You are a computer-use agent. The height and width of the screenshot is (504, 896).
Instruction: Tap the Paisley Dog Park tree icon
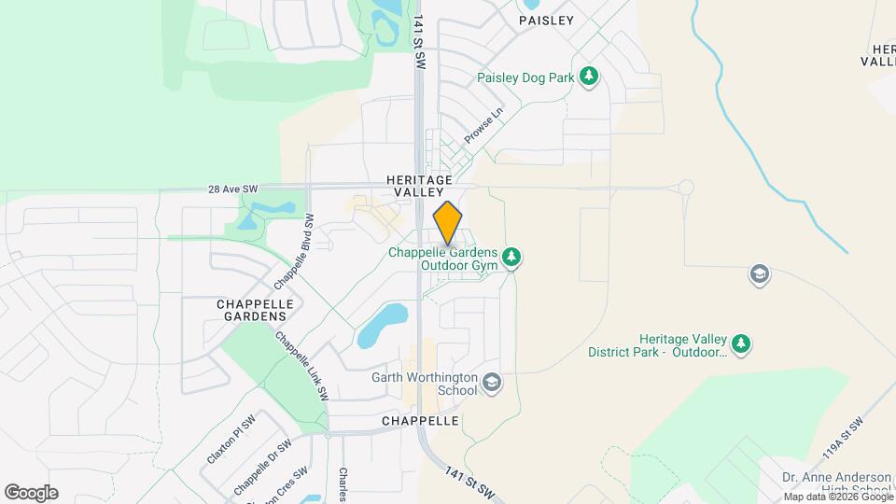click(x=588, y=76)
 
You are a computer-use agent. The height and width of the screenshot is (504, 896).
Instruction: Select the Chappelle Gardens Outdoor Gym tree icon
click(x=511, y=257)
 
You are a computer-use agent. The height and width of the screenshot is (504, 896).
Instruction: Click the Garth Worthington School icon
click(x=492, y=382)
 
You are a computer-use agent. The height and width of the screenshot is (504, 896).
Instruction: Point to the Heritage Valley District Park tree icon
click(x=741, y=344)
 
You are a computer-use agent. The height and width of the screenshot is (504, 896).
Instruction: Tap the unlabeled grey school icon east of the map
click(x=759, y=274)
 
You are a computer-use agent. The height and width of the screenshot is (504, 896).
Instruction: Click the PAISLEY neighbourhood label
click(x=546, y=20)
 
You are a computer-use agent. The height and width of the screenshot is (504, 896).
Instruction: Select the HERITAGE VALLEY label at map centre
click(x=419, y=185)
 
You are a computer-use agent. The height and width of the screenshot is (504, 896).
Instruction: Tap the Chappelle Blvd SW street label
click(x=292, y=249)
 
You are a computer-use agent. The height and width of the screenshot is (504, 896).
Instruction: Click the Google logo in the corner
click(x=31, y=493)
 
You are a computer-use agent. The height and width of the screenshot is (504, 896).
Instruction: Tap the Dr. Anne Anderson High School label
click(x=836, y=483)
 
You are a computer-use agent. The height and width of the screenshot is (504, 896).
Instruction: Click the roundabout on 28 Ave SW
click(x=686, y=187)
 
